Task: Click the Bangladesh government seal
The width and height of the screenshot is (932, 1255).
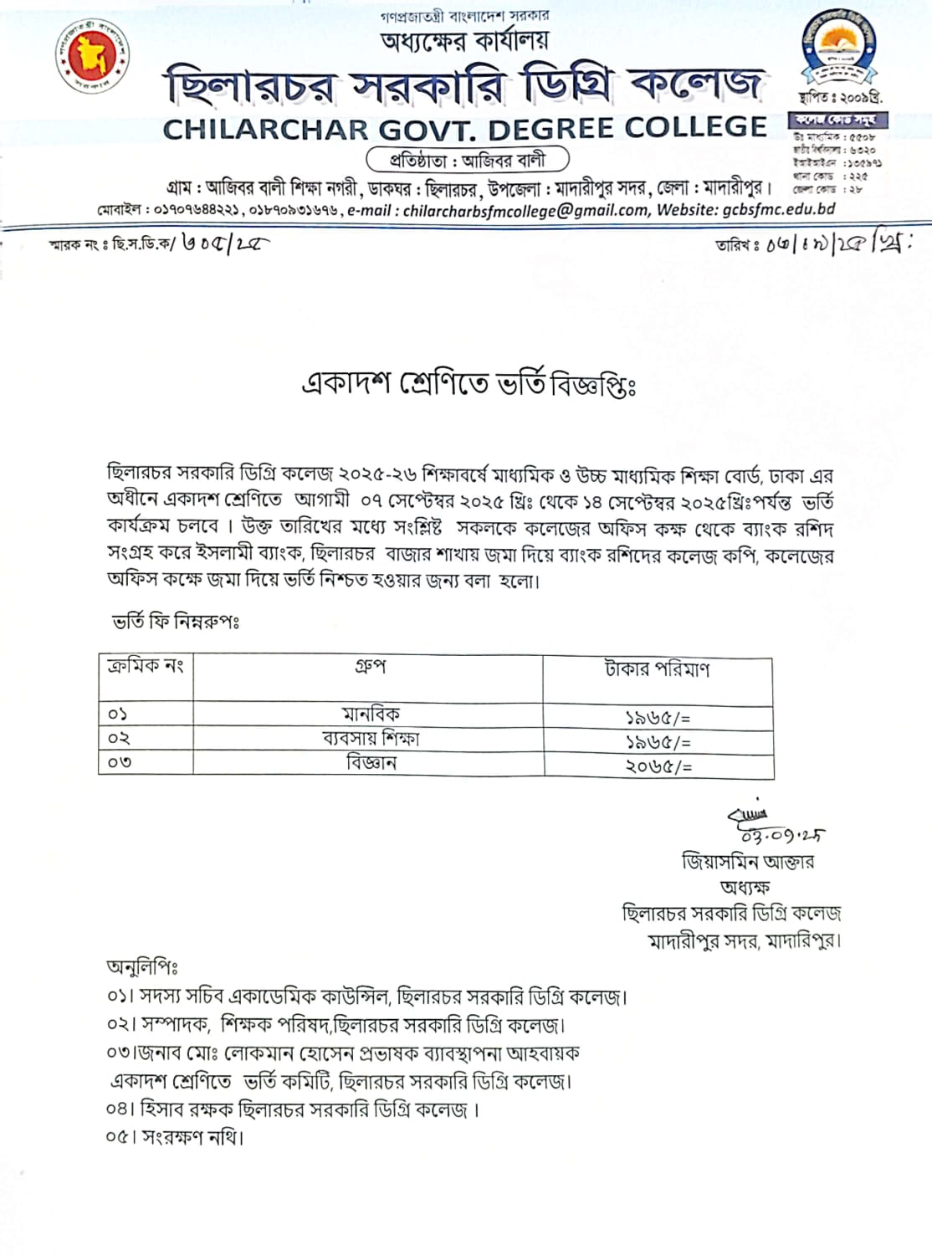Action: (93, 57)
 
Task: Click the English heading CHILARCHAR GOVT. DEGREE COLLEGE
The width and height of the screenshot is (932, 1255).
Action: (464, 129)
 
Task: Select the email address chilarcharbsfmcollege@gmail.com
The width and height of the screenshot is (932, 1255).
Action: (525, 210)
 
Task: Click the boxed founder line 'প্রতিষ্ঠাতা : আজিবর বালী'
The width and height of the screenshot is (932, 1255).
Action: (468, 159)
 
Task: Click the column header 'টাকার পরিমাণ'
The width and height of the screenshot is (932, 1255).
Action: (657, 669)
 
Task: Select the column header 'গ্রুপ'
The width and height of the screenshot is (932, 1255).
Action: (370, 667)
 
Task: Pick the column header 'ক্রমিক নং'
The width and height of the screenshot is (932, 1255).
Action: (145, 666)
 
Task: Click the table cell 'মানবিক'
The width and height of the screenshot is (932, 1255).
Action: (370, 714)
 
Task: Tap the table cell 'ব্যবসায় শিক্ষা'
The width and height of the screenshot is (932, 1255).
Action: (370, 738)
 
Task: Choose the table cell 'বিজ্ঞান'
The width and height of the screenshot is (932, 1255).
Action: (370, 762)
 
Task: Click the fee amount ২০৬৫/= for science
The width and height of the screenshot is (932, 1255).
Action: (658, 766)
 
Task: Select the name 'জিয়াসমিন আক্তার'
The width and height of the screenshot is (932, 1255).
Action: (747, 861)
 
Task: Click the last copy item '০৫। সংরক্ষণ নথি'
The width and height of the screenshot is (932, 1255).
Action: (175, 1137)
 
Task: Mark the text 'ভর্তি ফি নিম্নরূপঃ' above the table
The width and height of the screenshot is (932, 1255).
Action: (176, 622)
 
